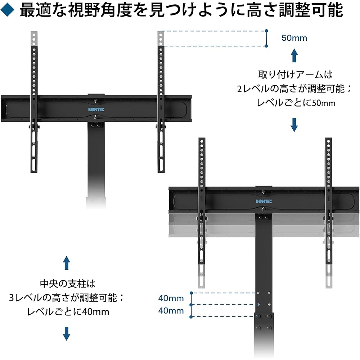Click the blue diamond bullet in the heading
[7, 10]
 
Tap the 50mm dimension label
[294, 38]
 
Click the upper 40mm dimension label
[171, 298]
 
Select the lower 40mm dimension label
[171, 311]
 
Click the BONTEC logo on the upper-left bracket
[96, 109]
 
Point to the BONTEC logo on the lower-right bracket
[264, 201]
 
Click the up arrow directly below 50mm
[294, 55]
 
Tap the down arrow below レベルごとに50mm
[294, 125]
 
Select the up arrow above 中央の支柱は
[67, 263]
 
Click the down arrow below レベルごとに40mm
[67, 334]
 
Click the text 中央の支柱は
[68, 284]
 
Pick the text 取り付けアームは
[295, 75]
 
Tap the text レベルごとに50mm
[296, 103]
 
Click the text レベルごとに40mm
[68, 312]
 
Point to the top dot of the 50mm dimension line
[266, 31]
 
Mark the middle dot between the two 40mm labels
[191, 305]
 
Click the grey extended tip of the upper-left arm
[34, 39]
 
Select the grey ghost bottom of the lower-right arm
[329, 275]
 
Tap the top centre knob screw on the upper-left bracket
[96, 100]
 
